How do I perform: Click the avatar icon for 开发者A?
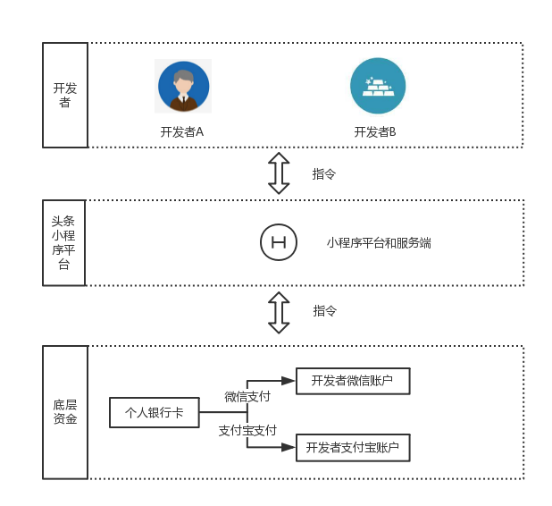(x=183, y=86)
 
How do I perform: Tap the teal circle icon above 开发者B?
(x=377, y=86)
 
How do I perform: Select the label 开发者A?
(x=182, y=131)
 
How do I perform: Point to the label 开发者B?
(x=375, y=131)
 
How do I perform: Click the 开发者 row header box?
(x=65, y=95)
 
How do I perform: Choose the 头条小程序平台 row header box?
(x=64, y=242)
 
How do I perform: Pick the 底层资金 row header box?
(x=65, y=411)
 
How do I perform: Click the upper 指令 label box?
(x=324, y=174)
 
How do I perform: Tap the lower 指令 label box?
(x=325, y=311)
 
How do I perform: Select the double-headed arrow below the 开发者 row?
(x=280, y=173)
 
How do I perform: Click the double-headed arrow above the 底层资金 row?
(x=280, y=312)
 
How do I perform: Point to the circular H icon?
(x=278, y=242)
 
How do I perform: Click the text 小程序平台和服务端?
(x=379, y=242)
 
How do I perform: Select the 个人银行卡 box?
(x=154, y=412)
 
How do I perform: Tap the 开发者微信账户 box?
(x=353, y=381)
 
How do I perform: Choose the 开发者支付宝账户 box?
(x=353, y=447)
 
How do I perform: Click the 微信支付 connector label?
(x=247, y=396)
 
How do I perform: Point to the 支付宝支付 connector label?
(x=247, y=430)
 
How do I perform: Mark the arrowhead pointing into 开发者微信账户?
(x=289, y=381)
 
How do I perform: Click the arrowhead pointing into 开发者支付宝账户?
(x=289, y=447)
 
